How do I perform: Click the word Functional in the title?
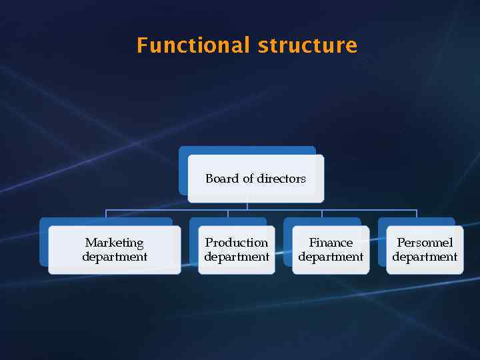[193, 45]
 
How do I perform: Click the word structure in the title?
[307, 45]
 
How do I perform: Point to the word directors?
[281, 179]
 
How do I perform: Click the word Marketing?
[114, 243]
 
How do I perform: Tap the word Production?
[237, 243]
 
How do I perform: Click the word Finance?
[331, 243]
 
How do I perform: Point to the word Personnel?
[425, 243]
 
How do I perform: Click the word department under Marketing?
[115, 257]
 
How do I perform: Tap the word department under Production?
[237, 257]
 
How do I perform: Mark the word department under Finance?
[331, 257]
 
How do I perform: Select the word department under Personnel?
[425, 257]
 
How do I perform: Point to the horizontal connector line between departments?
[280, 210]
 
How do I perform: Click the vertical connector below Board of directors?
[247, 206]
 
